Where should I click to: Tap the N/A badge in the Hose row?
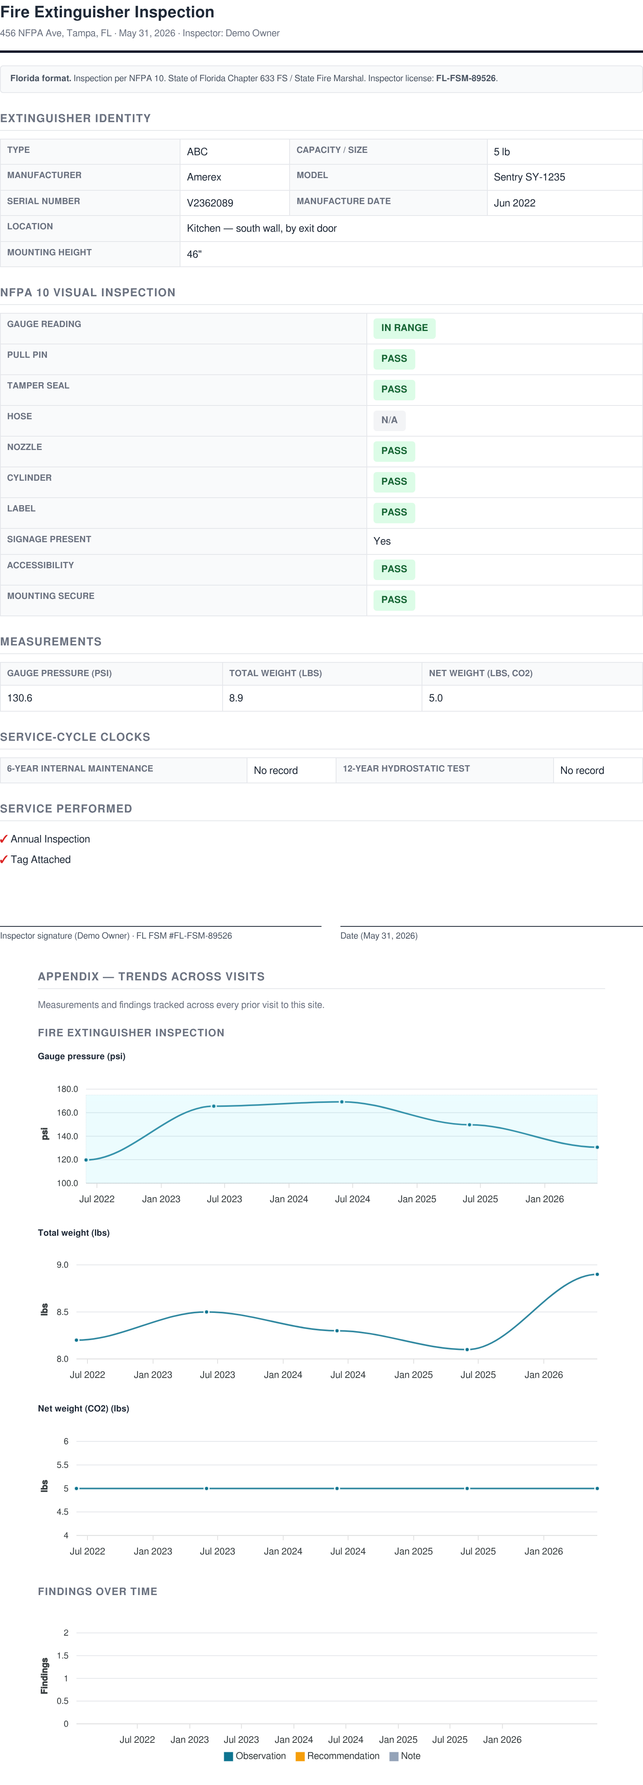389,420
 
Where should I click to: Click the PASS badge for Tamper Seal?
394,389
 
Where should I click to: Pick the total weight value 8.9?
236,698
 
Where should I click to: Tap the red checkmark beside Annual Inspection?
4,839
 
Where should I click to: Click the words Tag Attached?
41,859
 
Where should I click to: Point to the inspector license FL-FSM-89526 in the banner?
466,78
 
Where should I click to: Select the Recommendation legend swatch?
300,1756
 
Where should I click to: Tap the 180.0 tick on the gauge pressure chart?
67,1089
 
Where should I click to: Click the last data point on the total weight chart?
597,1274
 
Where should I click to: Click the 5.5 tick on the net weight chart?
62,1465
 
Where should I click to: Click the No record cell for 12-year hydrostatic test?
582,770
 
